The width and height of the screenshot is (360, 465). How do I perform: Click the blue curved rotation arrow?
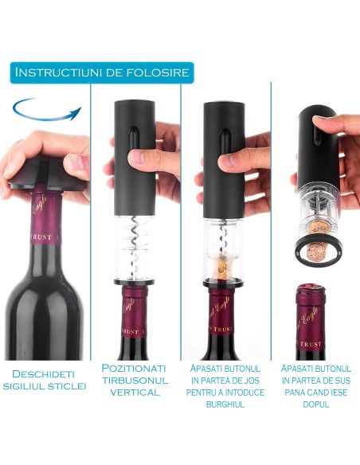(45, 119)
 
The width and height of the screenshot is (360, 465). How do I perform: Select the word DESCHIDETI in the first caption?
(43, 373)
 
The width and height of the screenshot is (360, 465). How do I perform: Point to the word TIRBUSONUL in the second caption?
(135, 380)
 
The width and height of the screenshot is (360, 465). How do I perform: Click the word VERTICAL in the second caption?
(135, 393)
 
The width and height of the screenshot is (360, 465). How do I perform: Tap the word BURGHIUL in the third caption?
(225, 404)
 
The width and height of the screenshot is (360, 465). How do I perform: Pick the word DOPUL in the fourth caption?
(316, 404)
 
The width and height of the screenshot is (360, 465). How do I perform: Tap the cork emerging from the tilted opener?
(316, 251)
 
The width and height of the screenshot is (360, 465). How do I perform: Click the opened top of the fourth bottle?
(311, 290)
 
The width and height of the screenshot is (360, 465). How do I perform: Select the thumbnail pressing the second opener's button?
(135, 157)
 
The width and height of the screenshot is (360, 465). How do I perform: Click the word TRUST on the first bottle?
(41, 237)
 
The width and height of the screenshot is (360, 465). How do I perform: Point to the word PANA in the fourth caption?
(295, 393)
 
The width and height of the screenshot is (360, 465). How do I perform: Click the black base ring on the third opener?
(223, 283)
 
